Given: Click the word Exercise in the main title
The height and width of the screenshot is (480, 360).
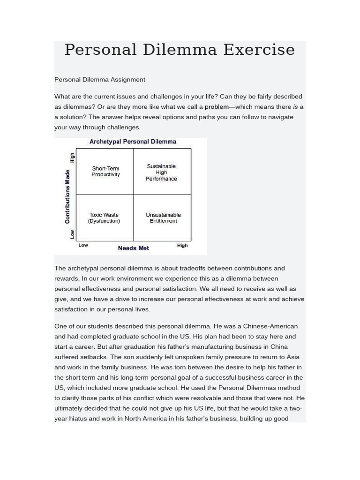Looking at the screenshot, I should click(259, 50).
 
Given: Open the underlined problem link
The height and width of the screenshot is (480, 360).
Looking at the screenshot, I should click(217, 107).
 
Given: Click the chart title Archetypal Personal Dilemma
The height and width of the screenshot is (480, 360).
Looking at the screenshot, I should click(133, 142).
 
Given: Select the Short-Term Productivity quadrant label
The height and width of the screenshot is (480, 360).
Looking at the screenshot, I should click(105, 172).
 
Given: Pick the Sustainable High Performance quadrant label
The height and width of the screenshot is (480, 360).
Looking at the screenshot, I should click(161, 172).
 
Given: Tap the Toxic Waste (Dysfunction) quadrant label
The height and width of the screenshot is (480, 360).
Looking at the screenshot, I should click(104, 218).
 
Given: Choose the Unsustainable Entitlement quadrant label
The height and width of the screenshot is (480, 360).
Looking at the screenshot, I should click(163, 218).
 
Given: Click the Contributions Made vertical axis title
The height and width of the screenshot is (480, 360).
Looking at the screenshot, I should click(67, 196).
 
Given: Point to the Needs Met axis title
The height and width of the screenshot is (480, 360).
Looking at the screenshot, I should click(134, 248).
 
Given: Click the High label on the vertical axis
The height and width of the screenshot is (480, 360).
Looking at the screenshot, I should click(72, 157).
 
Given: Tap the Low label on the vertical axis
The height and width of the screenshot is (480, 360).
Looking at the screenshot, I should click(72, 233).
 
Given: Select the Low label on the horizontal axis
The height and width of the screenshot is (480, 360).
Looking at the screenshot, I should click(83, 245).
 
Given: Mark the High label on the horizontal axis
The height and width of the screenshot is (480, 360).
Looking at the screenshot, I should click(182, 245).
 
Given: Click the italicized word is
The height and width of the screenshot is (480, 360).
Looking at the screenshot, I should click(295, 107).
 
